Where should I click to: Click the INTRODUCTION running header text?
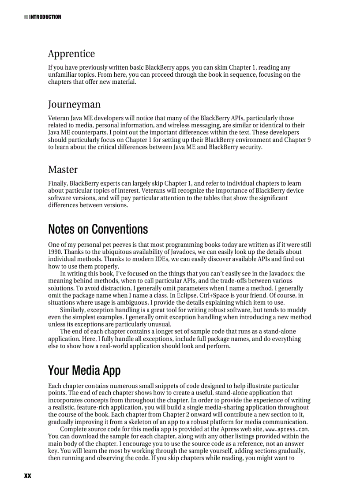point(45,17)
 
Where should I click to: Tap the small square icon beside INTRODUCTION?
point(26,17)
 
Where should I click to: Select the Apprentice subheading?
point(71,54)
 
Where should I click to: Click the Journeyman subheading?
point(74,104)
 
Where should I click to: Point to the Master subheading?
point(63,170)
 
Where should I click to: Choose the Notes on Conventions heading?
point(98,229)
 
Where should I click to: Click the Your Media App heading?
point(84,370)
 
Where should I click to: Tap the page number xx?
point(27,476)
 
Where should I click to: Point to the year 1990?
point(55,252)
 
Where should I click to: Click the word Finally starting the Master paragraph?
point(58,183)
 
